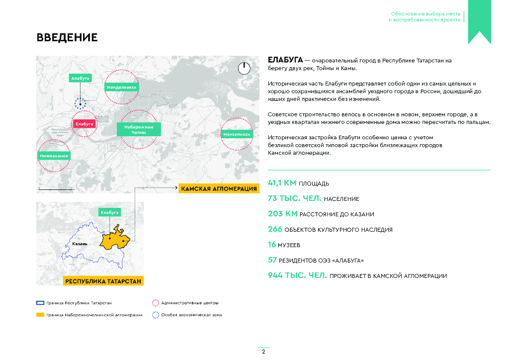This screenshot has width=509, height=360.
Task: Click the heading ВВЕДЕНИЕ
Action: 67,38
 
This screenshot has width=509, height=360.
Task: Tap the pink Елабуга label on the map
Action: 85,124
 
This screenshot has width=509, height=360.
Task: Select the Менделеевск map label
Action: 122,87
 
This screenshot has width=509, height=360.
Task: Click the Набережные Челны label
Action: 139,129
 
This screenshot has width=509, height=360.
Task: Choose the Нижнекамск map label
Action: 54,156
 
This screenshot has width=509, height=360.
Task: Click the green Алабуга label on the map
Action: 80,79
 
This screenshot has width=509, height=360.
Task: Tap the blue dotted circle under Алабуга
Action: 80,103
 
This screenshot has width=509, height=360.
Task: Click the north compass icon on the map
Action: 244,69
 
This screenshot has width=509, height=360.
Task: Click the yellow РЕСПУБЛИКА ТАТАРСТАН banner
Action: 103,281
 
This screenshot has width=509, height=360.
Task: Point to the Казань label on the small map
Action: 80,244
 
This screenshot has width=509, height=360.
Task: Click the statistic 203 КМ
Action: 282,214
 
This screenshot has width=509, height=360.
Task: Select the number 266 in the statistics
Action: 275,229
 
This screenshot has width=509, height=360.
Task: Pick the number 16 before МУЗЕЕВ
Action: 272,245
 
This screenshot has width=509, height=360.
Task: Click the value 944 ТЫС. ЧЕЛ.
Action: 297,275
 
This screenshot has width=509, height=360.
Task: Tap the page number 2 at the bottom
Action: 263,352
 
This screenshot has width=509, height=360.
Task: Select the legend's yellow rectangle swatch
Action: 40,315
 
